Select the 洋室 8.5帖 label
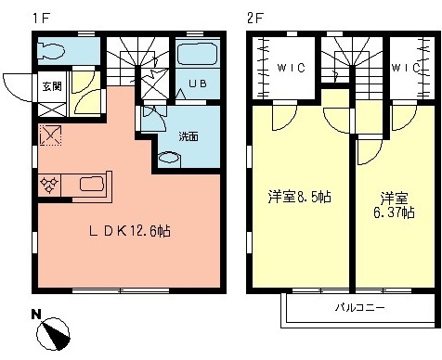(x=300, y=198)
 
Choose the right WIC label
(x=405, y=68)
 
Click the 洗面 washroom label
(x=188, y=136)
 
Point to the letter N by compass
(x=35, y=314)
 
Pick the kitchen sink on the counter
(x=92, y=183)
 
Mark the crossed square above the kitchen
(x=50, y=136)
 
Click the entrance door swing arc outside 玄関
(x=16, y=84)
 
